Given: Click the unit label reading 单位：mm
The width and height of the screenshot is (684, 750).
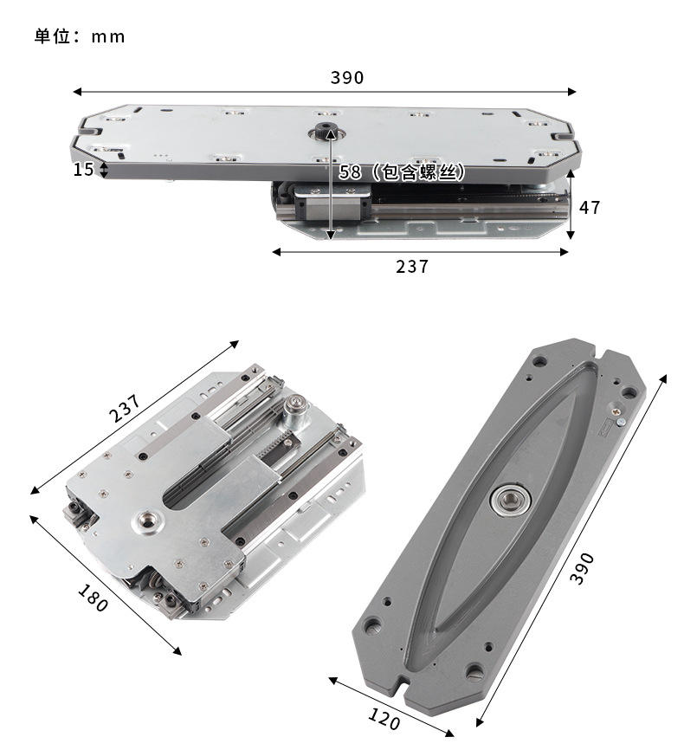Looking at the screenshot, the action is point(80,36).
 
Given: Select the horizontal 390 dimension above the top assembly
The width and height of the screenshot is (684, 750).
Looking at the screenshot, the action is point(347,77).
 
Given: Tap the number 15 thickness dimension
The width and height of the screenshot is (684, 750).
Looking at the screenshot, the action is point(83,170).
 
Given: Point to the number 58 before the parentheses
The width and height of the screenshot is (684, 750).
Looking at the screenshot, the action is point(350,172).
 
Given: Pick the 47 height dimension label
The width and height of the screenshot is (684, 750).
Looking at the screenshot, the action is point(590,208).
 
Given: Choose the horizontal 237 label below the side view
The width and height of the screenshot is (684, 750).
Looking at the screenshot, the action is point(412,267).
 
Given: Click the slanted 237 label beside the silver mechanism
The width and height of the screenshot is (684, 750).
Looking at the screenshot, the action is point(126,408).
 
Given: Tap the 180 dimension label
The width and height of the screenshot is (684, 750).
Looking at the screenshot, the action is point(93,598).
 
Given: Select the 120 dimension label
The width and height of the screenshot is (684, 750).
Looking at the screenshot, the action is point(384,719).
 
